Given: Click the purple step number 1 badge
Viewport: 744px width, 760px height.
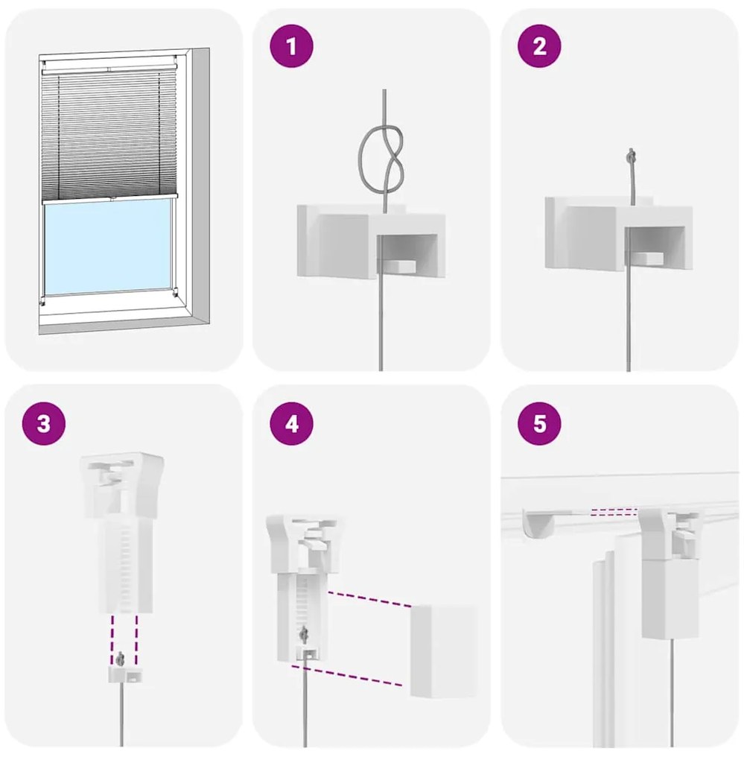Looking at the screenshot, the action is (292, 46).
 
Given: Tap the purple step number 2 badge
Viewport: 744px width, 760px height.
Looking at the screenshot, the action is (540, 46).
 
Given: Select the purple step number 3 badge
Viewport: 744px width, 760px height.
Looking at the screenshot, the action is (44, 424).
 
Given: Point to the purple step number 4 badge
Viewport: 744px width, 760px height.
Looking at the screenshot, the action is (292, 424).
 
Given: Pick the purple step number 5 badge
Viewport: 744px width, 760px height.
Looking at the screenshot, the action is (540, 424).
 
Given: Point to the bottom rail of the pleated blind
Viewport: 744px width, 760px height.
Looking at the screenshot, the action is (109, 198).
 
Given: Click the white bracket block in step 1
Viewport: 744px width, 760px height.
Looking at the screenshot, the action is (371, 241).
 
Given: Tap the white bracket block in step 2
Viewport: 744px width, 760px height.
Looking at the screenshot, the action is (619, 233).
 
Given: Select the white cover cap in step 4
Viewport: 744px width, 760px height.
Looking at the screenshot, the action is (444, 651).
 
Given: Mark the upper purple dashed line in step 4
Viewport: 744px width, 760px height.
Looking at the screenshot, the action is (370, 599).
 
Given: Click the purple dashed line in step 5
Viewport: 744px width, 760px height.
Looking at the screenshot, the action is (614, 511).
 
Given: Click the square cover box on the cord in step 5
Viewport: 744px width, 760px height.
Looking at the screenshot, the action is (670, 599).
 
